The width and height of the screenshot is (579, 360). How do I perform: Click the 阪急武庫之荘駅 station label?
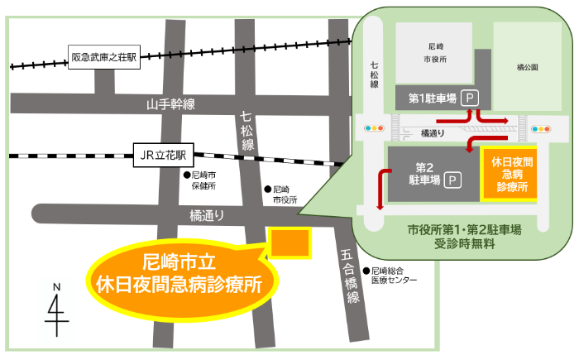(105, 58)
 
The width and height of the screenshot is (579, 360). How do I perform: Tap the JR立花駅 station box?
(163, 154)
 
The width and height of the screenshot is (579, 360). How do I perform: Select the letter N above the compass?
(56, 287)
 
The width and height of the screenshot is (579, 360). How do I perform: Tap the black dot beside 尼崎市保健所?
(186, 175)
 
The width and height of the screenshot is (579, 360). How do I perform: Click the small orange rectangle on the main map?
(289, 242)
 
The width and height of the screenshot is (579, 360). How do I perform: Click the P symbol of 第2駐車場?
(452, 179)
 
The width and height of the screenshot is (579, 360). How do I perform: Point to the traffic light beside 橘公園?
(543, 128)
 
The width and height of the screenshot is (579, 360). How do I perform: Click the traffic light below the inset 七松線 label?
(376, 129)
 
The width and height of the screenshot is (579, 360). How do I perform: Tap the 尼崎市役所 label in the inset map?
(435, 55)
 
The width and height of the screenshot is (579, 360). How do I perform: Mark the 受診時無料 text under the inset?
(463, 244)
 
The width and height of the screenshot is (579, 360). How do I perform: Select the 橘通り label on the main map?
(206, 214)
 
